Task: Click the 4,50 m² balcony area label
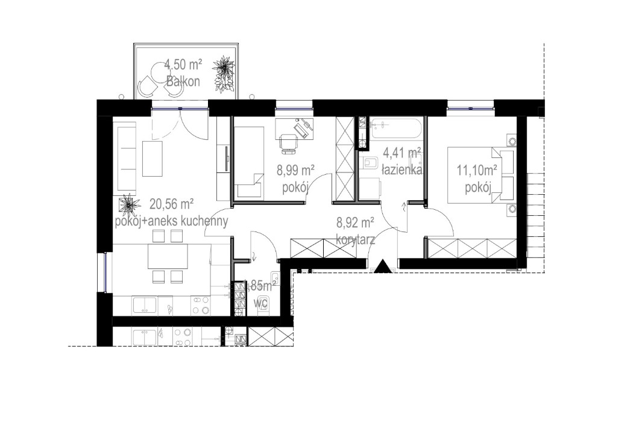(183, 63)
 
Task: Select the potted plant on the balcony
(225, 74)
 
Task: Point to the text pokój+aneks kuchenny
(171, 222)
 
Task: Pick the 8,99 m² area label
(295, 171)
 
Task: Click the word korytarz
(356, 239)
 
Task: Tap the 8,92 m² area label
(356, 223)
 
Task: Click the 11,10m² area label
(477, 171)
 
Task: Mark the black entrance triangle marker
(382, 266)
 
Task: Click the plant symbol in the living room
(128, 206)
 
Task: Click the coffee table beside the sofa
(153, 159)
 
